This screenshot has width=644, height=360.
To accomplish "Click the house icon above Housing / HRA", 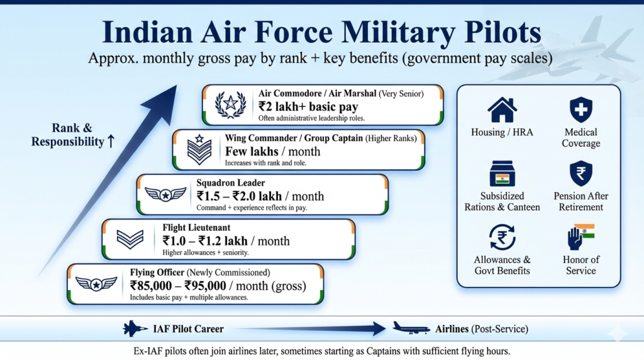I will click(502, 110).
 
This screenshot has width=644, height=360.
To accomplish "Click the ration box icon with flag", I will click(502, 174).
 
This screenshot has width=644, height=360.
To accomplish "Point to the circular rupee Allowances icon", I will click(502, 237).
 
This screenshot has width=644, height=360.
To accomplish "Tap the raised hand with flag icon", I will click(580, 238).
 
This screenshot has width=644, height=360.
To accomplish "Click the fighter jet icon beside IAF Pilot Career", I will click(135, 329).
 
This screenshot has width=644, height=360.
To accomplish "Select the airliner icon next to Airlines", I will click(411, 328).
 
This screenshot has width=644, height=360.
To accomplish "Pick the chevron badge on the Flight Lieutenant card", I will click(130, 239).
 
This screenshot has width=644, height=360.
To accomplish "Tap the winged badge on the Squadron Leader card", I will click(165, 194).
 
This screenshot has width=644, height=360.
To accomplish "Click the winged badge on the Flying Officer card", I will click(96, 284).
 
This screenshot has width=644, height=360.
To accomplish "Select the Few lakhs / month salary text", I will click(272, 152).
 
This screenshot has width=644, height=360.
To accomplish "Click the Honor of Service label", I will click(580, 265).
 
